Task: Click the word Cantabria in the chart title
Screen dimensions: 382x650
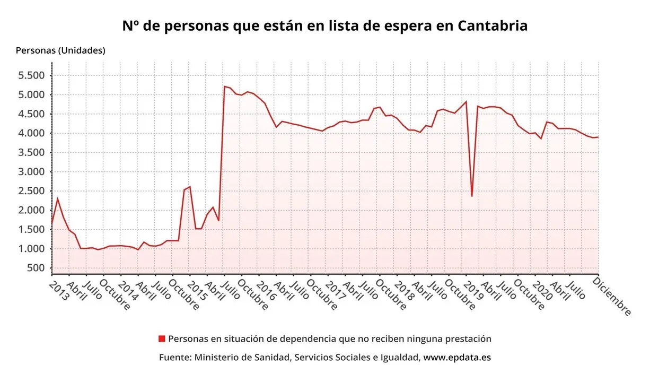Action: [493, 25]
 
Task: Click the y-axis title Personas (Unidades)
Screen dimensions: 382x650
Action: [60, 50]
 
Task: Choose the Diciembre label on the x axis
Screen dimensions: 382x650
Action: [612, 296]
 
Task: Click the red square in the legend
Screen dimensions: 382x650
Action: [162, 338]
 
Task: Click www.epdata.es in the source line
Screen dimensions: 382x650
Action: [457, 357]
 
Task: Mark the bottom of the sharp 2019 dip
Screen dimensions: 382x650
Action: [472, 196]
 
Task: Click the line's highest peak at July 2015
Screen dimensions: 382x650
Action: [225, 86]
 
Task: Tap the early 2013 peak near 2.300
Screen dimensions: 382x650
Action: [57, 198]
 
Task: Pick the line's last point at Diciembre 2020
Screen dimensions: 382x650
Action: [598, 137]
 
